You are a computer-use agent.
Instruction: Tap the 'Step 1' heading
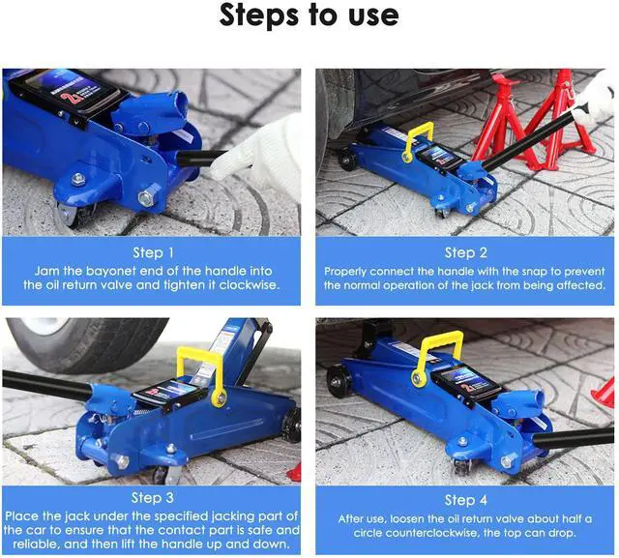pyautogui.click(x=153, y=252)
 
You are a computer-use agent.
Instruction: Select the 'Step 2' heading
pyautogui.click(x=466, y=252)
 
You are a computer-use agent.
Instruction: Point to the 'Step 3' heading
pyautogui.click(x=153, y=498)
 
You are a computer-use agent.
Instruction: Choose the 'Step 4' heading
pyautogui.click(x=466, y=500)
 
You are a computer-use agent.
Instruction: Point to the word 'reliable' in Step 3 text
pyautogui.click(x=37, y=544)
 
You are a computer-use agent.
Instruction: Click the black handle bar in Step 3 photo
pyautogui.click(x=47, y=386)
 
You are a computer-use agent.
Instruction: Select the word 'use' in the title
pyautogui.click(x=373, y=16)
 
